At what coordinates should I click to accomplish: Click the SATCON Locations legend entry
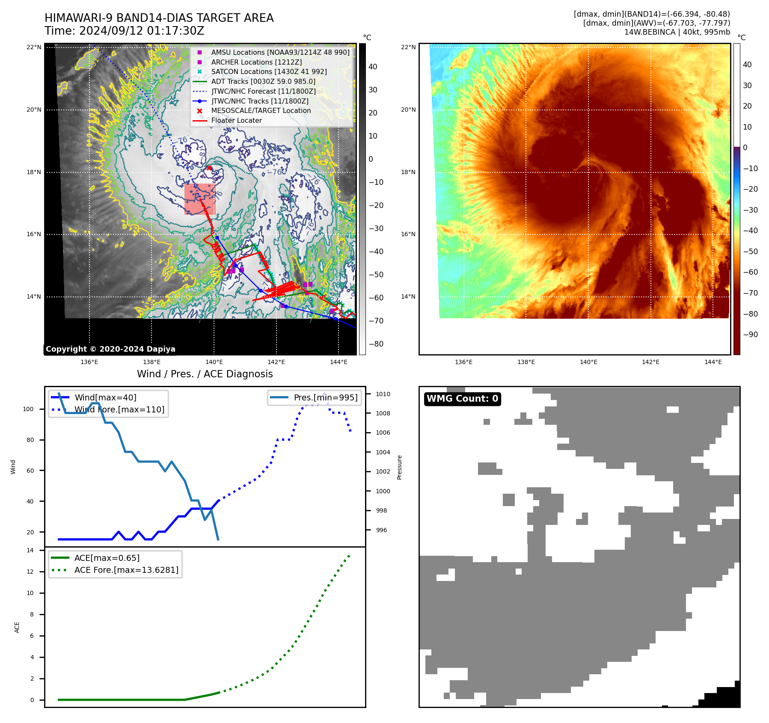269,72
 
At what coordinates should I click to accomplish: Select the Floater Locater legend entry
236,121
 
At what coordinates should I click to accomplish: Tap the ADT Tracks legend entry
263,82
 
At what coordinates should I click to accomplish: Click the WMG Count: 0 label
462,399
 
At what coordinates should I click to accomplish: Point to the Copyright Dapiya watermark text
110,349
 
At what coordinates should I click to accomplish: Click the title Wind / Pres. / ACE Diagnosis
205,374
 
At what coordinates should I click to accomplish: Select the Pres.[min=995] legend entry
325,397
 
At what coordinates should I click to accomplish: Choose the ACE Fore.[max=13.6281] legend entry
126,570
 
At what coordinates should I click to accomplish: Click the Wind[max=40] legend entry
105,397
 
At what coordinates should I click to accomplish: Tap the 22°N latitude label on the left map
34,47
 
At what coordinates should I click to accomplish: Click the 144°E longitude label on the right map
713,362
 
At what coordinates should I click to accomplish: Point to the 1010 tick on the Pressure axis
383,394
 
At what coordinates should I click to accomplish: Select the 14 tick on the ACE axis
30,550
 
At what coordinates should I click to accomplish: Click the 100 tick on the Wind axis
28,409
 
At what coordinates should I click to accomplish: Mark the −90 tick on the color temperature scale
750,335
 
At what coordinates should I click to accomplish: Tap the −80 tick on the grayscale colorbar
376,344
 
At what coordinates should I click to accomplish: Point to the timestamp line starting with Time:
124,31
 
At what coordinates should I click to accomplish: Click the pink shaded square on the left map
199,199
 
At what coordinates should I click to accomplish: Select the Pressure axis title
399,467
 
